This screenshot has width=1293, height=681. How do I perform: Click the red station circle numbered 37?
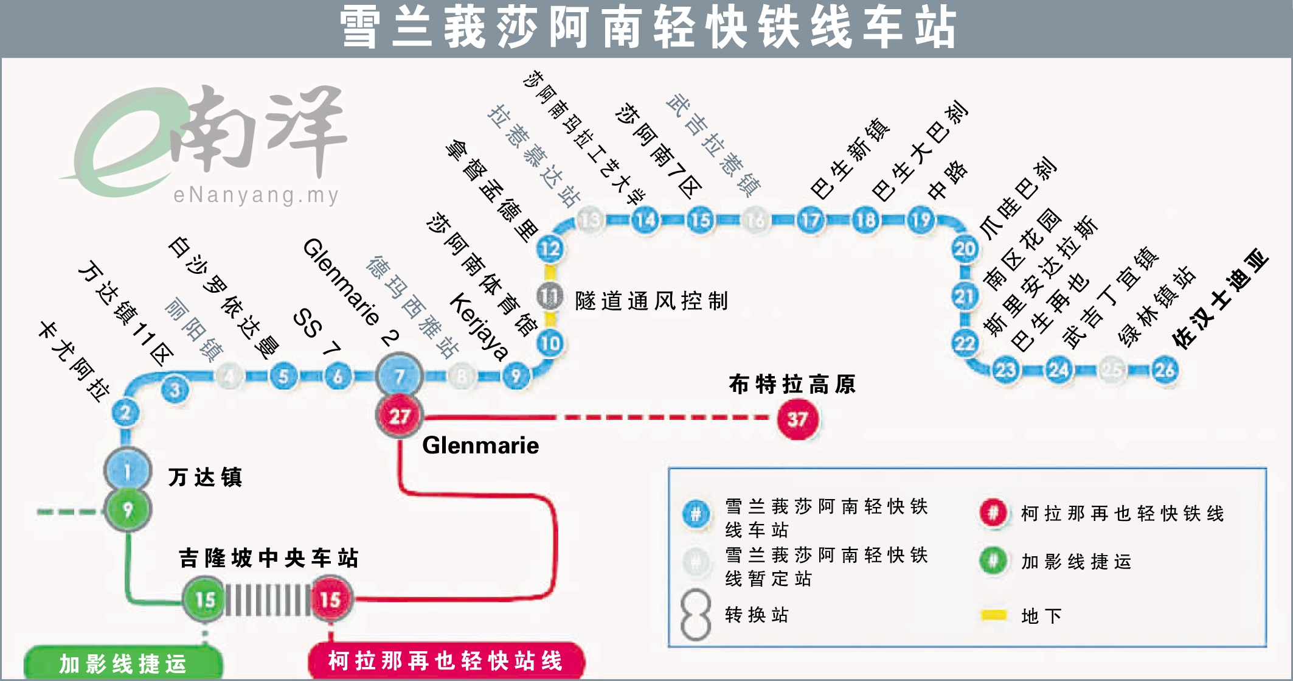click(x=797, y=419)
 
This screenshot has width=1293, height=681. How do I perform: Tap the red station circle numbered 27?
click(x=400, y=416)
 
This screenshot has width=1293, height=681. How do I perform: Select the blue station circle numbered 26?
click(x=1165, y=369)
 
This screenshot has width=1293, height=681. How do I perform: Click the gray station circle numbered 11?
click(x=550, y=296)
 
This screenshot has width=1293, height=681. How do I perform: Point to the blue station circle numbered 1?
click(x=127, y=470)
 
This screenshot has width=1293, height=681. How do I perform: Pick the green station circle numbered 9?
click(x=127, y=509)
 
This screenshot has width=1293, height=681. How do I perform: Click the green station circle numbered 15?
click(x=205, y=599)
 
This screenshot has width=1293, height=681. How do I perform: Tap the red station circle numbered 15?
click(x=330, y=599)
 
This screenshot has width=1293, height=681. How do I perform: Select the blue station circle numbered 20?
click(x=965, y=248)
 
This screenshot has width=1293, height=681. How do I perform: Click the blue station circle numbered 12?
click(x=550, y=248)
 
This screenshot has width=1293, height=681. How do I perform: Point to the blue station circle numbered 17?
click(x=810, y=220)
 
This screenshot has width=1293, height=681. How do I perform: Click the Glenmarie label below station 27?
click(x=480, y=445)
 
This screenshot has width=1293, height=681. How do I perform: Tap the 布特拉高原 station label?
click(x=792, y=385)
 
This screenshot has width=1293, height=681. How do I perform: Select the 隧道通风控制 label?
click(x=651, y=301)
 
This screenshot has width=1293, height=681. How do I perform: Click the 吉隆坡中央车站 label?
click(x=268, y=558)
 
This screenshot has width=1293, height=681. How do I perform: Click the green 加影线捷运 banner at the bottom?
click(x=123, y=663)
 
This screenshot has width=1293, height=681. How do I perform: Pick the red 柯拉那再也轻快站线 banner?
click(x=446, y=660)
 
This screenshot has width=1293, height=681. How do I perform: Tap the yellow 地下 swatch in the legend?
click(x=994, y=615)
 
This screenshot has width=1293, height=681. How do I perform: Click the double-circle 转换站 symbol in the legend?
click(x=696, y=615)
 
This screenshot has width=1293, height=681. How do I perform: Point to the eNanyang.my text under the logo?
click(x=256, y=195)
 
